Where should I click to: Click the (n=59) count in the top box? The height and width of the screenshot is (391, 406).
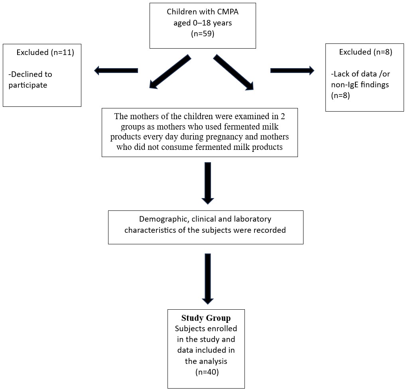pyautogui.click(x=203, y=34)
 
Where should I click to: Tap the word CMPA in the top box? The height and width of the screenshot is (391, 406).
pyautogui.click(x=228, y=12)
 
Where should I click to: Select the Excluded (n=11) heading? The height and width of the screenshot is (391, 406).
pyautogui.click(x=45, y=52)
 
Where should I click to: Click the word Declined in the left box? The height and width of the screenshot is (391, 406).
pyautogui.click(x=30, y=74)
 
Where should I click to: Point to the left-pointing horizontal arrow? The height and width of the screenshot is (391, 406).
pyautogui.click(x=116, y=71)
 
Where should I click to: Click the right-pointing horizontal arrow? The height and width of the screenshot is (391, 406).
pyautogui.click(x=292, y=71)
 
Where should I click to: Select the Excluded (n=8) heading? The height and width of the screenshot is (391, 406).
pyautogui.click(x=366, y=52)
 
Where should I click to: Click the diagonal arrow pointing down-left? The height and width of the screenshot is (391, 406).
pyautogui.click(x=170, y=72)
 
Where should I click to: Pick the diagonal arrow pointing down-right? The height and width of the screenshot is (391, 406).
pyautogui.click(x=233, y=72)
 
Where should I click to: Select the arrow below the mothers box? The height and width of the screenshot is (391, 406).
pyautogui.click(x=208, y=183)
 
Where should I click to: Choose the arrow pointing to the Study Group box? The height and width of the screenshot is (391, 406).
pyautogui.click(x=208, y=279)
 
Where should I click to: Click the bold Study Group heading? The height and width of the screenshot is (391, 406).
pyautogui.click(x=206, y=318)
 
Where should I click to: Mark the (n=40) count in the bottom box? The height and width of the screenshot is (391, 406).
pyautogui.click(x=207, y=372)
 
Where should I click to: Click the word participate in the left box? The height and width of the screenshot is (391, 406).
pyautogui.click(x=28, y=85)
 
